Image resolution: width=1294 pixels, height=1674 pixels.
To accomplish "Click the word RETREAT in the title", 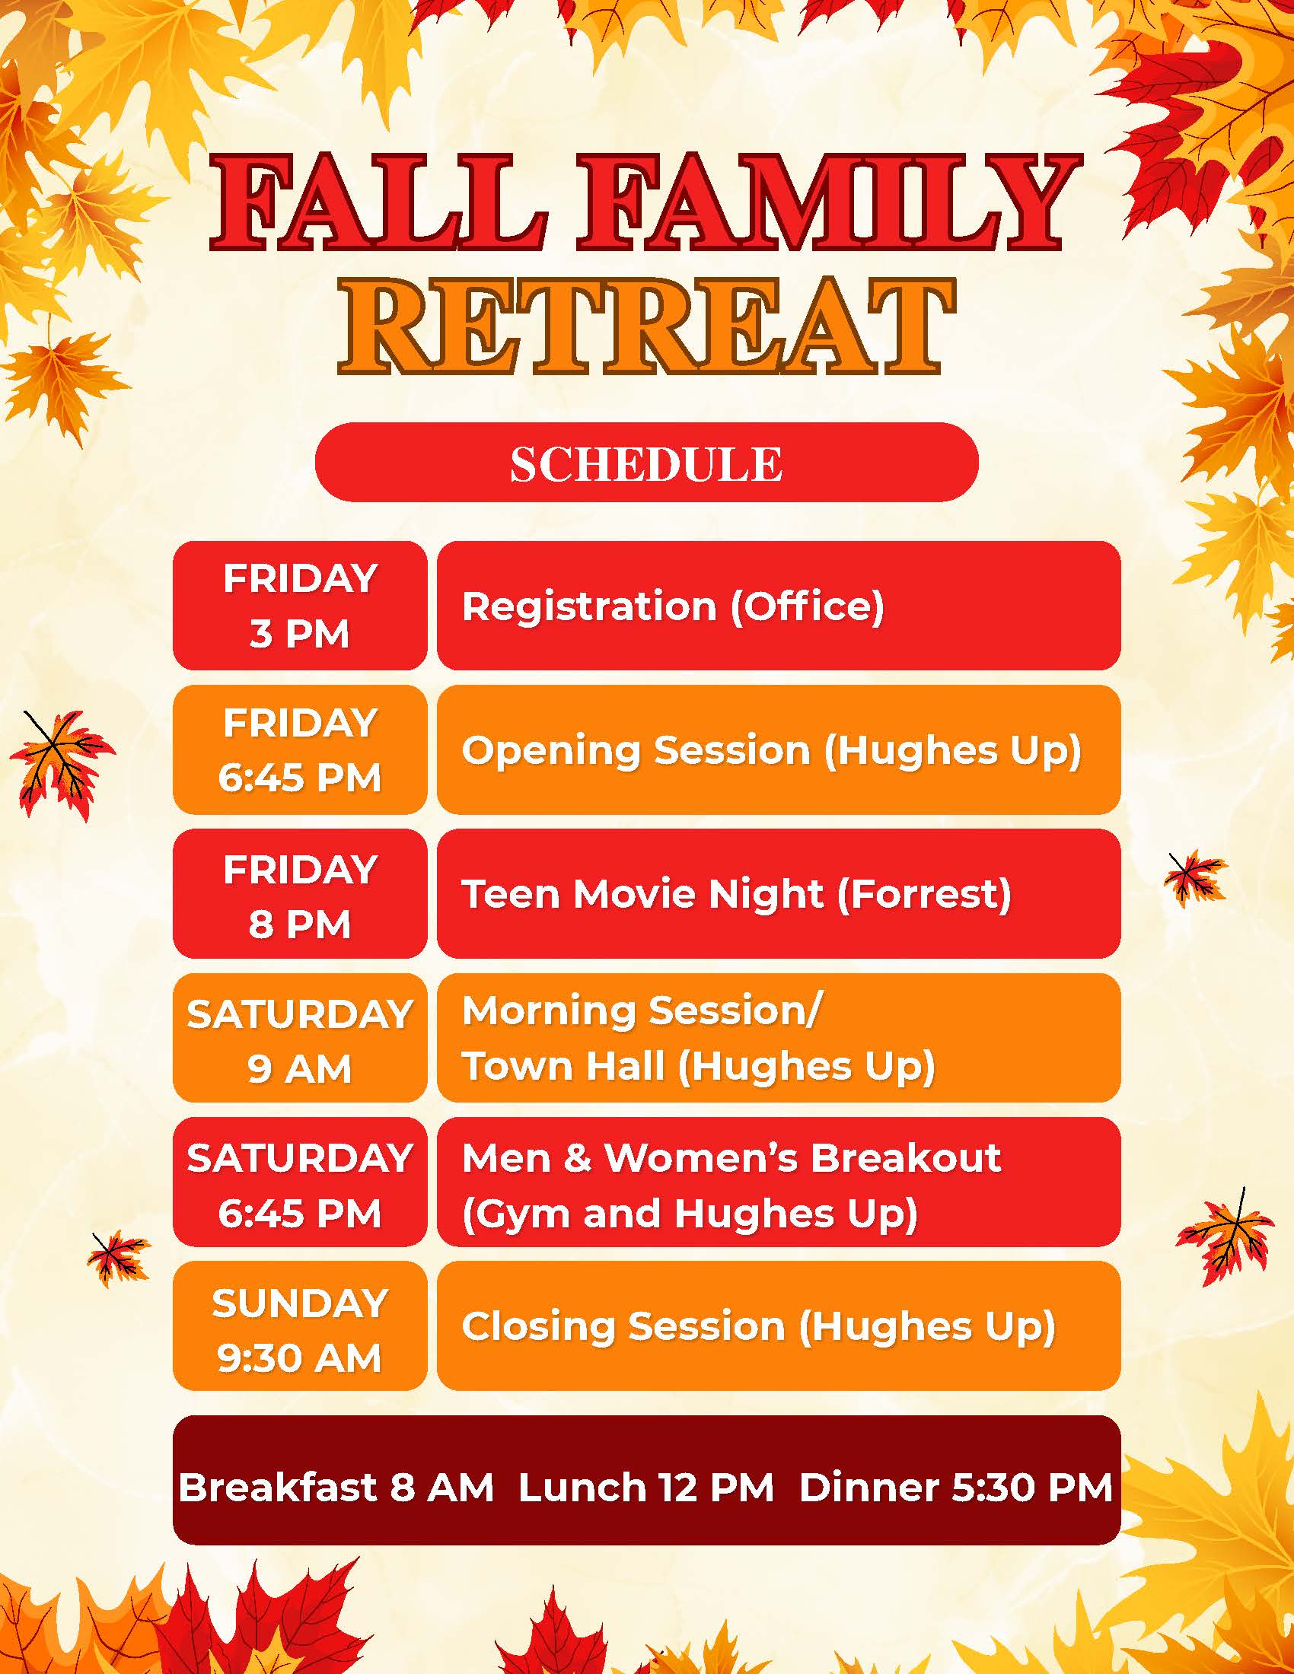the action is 647,328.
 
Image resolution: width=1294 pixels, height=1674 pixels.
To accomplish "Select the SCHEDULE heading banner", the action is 647,462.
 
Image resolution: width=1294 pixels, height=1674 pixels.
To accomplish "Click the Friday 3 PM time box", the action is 300,606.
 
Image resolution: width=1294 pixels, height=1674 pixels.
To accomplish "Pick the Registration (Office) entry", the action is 779,606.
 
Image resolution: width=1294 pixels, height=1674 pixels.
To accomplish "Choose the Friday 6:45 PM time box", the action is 300,749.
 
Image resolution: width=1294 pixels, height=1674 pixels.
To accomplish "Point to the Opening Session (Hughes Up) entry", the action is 779,749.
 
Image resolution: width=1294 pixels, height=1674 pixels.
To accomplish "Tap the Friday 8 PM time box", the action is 300,894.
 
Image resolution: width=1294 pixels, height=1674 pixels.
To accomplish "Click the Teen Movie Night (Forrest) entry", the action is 779,894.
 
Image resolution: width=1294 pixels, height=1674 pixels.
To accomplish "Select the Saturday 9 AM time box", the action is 300,1038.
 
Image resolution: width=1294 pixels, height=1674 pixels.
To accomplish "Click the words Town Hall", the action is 563,1066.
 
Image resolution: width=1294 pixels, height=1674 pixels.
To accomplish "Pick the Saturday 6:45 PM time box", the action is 300,1182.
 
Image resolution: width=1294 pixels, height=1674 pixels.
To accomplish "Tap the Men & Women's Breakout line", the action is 731,1157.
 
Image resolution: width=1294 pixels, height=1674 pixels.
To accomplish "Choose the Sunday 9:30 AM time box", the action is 300,1326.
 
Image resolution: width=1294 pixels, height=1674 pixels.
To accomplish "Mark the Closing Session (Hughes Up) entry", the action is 779,1326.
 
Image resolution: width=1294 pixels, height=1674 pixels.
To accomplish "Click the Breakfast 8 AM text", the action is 336,1488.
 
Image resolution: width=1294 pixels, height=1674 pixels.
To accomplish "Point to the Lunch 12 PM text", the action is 646,1488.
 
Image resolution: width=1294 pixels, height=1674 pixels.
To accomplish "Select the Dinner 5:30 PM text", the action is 956,1488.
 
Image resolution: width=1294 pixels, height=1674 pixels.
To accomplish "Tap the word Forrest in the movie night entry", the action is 924,894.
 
